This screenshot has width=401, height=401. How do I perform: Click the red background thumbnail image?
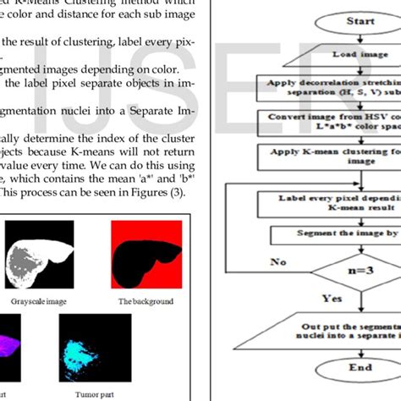point(147,254)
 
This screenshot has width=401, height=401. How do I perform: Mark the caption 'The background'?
point(146,300)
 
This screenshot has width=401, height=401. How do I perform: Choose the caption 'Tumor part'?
point(91,393)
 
